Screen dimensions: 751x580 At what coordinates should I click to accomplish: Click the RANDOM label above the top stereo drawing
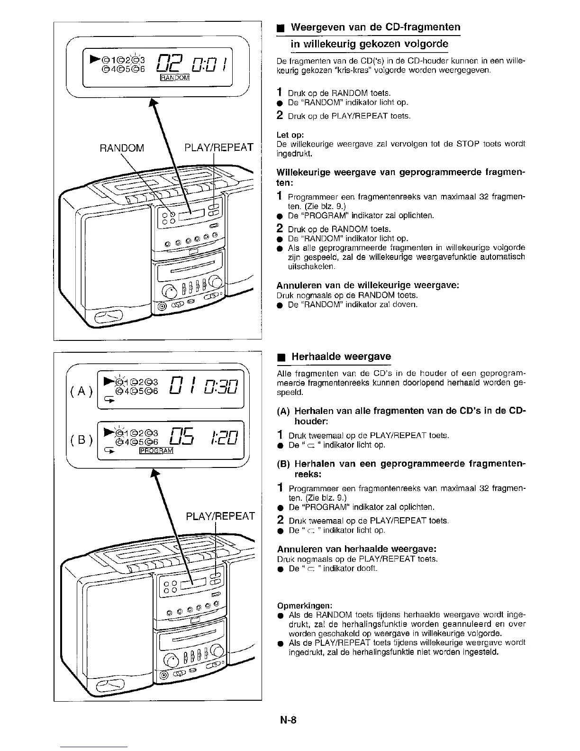coord(122,148)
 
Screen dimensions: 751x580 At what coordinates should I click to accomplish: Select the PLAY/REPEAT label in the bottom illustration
coord(219,515)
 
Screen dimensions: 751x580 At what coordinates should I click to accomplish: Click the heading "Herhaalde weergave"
coord(341,357)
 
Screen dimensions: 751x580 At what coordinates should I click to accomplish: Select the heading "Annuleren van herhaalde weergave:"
coord(356,549)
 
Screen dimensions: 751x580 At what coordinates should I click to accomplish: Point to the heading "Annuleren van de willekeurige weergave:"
coord(368,285)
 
